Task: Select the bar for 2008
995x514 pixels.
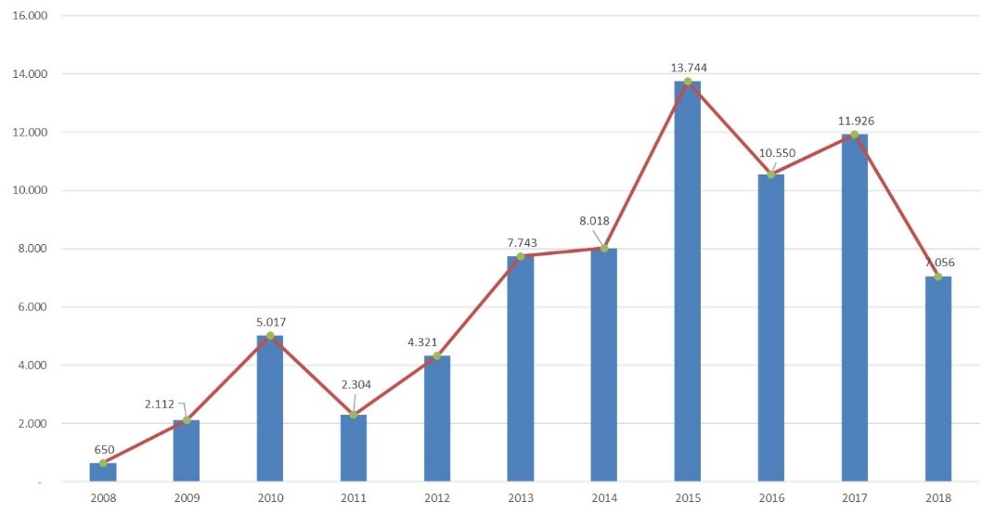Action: click(x=103, y=472)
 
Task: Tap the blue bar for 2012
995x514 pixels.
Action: click(x=437, y=418)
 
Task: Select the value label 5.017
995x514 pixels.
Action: click(x=270, y=322)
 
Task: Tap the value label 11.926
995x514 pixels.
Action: click(x=854, y=121)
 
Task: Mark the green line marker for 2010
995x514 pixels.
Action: click(x=270, y=336)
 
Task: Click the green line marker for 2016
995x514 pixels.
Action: click(x=770, y=174)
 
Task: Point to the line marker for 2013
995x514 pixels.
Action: click(x=521, y=256)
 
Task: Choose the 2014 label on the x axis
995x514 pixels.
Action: click(x=604, y=498)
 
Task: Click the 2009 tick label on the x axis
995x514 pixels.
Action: click(x=187, y=498)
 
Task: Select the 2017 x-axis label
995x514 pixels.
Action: click(x=854, y=498)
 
